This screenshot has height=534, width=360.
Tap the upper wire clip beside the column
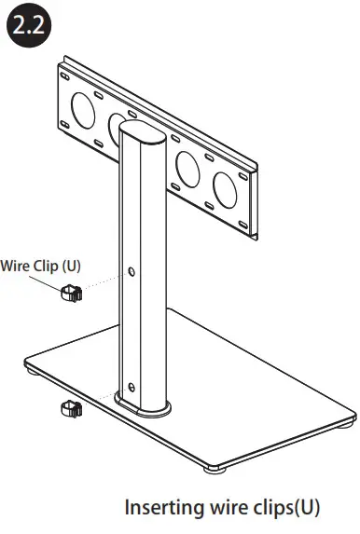click(x=71, y=294)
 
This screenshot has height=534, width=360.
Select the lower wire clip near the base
click(x=71, y=407)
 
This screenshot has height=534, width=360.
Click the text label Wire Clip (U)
click(x=41, y=265)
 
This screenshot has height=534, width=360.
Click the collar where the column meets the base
click(x=142, y=404)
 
